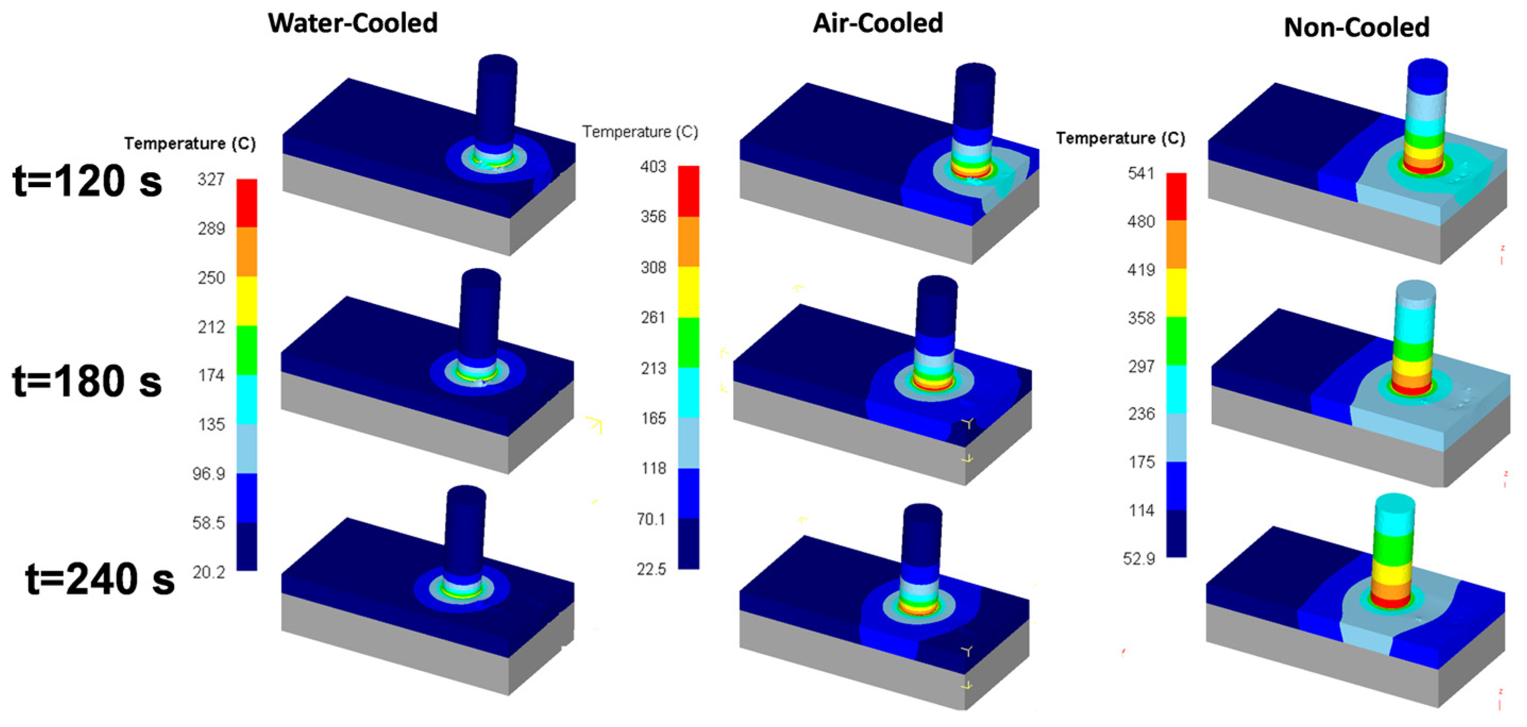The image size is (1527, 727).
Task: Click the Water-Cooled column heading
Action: coord(353,23)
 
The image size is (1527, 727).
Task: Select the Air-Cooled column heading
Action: coord(878,23)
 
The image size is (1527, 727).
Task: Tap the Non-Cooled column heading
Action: coord(1357,27)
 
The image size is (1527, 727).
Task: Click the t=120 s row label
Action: coord(87,181)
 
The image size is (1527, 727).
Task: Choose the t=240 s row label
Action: coord(99,579)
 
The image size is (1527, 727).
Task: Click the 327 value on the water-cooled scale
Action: coord(211,179)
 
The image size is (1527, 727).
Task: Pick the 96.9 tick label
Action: coord(209,474)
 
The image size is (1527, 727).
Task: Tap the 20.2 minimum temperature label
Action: coord(209,572)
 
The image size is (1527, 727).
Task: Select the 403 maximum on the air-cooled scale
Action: coord(653,166)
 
